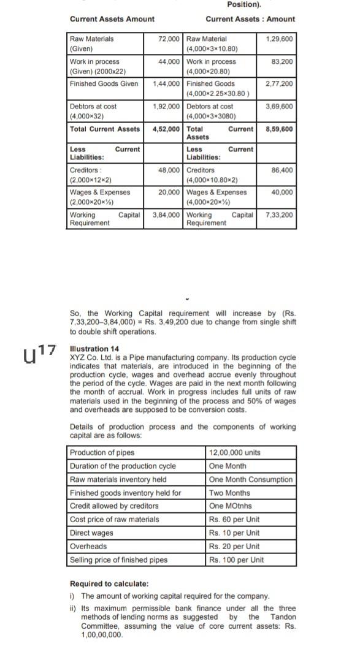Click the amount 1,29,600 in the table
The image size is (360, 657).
pyautogui.click(x=279, y=39)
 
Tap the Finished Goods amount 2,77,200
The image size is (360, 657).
pyautogui.click(x=279, y=83)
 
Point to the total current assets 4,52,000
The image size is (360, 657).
pyautogui.click(x=166, y=129)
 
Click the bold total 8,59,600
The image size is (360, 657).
pyautogui.click(x=279, y=129)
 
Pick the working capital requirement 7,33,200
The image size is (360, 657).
pyautogui.click(x=279, y=215)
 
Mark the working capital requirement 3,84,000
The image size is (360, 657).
pyautogui.click(x=166, y=215)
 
